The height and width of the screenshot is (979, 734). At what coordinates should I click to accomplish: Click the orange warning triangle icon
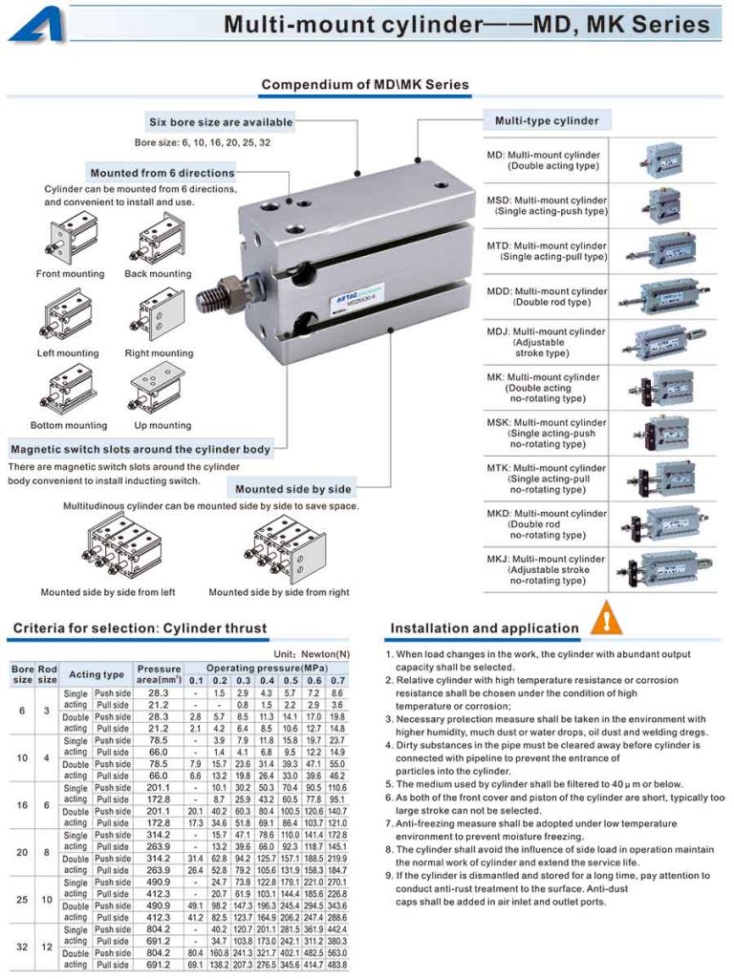(606, 619)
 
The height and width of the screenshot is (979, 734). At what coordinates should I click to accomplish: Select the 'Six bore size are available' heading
(221, 122)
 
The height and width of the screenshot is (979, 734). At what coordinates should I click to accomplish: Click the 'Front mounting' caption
(70, 274)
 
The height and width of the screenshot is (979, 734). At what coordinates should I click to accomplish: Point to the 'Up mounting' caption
(162, 425)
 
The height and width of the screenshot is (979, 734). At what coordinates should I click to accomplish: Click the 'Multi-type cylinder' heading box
(547, 121)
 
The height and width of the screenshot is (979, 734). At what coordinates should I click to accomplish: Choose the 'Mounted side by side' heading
(293, 489)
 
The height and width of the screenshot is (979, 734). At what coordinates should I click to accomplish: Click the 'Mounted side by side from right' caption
(279, 592)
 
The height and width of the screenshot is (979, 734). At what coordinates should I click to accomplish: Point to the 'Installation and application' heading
(485, 628)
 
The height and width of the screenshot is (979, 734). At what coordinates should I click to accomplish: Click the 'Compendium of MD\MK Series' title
(365, 85)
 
